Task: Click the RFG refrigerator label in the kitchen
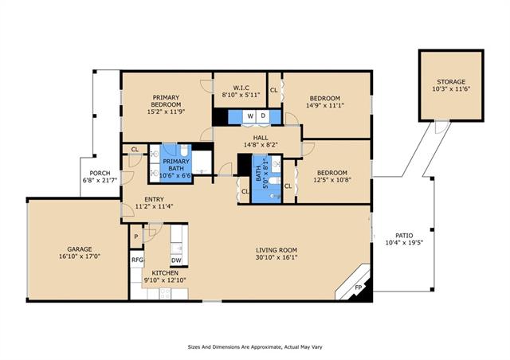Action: coord(137,260)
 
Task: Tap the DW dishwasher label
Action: coord(176,260)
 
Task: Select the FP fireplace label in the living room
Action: coord(358,288)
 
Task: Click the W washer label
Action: coord(250,116)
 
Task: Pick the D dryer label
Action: coord(263,115)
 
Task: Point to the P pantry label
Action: coord(136,237)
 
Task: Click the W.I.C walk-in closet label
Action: coord(241,88)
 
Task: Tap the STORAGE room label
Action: coord(451,82)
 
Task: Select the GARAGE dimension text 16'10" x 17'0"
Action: coord(80,256)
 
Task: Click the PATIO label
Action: coord(404,236)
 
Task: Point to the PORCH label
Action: coord(100,173)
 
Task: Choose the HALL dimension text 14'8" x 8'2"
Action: coord(261,145)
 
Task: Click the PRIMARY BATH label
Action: coord(176,165)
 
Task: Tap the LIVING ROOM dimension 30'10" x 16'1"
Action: coord(277,257)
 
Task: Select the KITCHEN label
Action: coord(165,273)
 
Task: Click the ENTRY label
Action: coord(154,199)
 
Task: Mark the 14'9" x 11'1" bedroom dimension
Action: coord(325,105)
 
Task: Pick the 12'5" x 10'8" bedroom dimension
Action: coord(332,179)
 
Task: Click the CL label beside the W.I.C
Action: coord(274,90)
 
